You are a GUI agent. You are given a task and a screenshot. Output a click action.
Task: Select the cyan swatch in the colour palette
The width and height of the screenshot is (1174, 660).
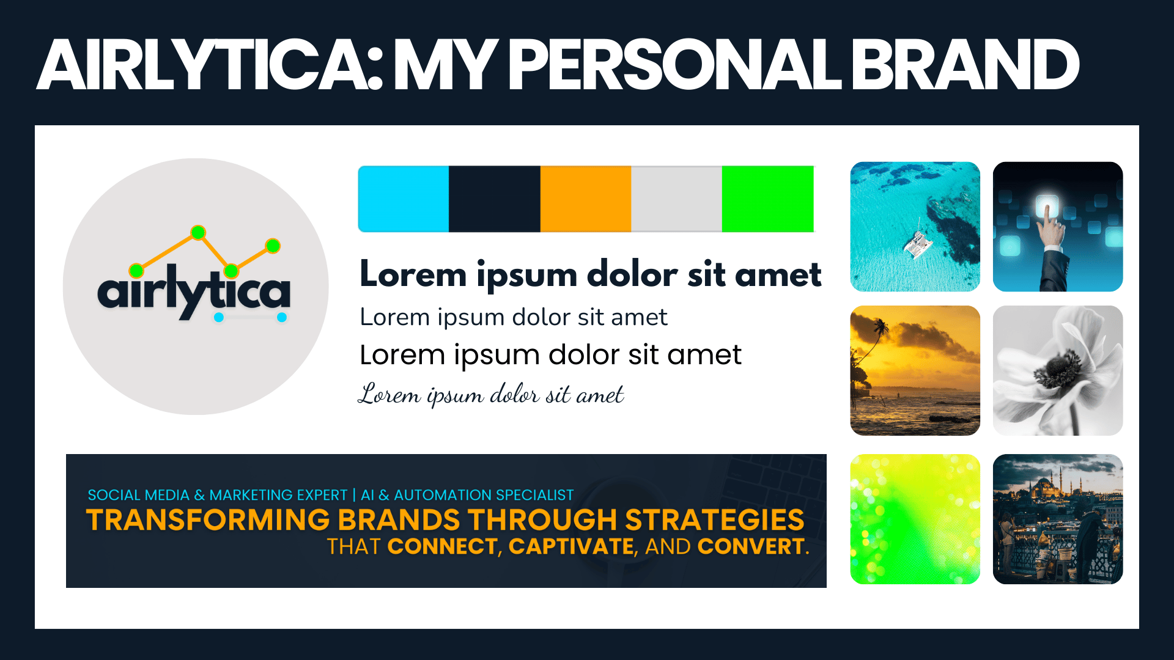coord(404,199)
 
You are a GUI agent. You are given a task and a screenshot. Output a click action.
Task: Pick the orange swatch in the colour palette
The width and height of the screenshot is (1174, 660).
coord(586,199)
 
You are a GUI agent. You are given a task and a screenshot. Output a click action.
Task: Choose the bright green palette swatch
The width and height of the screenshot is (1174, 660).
coord(768,199)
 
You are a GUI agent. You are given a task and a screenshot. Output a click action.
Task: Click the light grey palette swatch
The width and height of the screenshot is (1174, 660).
coord(677,199)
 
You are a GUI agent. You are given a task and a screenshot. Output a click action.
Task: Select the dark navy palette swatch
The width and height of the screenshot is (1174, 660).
coord(495,199)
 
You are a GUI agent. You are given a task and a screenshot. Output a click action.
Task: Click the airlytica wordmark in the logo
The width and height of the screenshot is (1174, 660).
coord(194,292)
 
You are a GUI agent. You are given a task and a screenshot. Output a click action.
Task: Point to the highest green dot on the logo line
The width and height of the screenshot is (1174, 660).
coord(198,232)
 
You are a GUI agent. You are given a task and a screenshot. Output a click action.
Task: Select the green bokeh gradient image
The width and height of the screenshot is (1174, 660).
coord(915,519)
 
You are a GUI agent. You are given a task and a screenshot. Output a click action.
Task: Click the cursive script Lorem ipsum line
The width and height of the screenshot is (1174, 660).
coord(491,394)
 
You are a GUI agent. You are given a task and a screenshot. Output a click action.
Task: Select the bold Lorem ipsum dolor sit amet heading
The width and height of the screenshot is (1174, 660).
coord(591,274)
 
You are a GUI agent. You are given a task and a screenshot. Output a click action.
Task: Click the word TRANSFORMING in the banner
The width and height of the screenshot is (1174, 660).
coord(208,520)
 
